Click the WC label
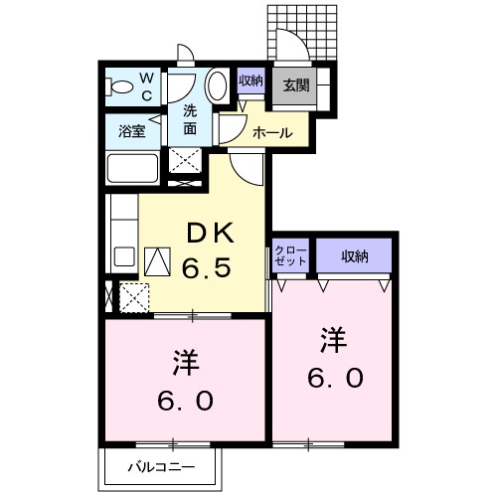tap(146, 86)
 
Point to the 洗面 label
tap(189, 120)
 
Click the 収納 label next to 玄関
tap(250, 82)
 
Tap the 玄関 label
tap(295, 85)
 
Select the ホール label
tap(271, 132)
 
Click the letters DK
tap(211, 235)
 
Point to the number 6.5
tap(211, 268)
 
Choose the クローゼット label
tap(290, 254)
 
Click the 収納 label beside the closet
tap(354, 256)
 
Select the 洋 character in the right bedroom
tap(334, 341)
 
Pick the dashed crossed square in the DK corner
tap(133, 297)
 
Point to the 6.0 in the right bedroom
tap(334, 379)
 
